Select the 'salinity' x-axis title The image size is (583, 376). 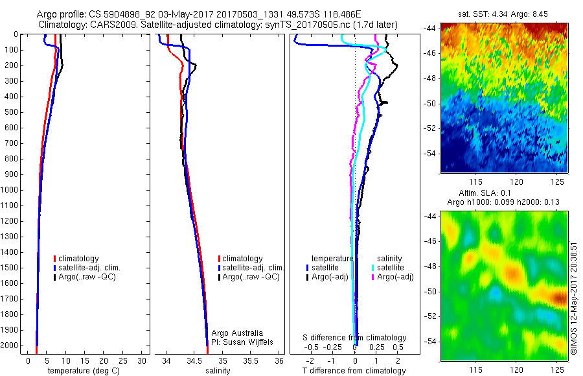pyautogui.click(x=219, y=371)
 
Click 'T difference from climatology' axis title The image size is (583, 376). pyautogui.click(x=354, y=371)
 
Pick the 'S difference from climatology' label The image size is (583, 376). pyautogui.click(x=355, y=338)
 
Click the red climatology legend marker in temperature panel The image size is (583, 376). pyautogui.click(x=55, y=259)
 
